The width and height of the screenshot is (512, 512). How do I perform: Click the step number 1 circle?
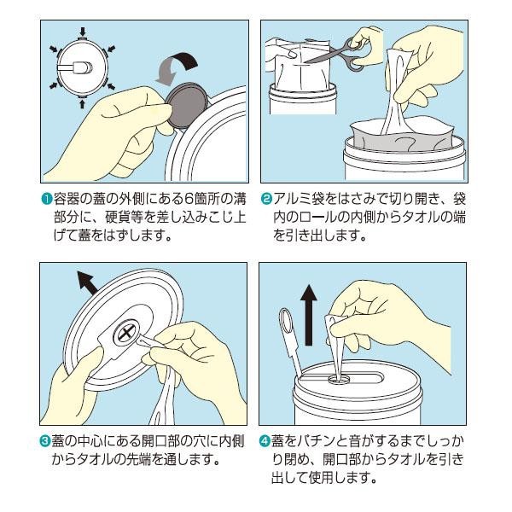(47, 199)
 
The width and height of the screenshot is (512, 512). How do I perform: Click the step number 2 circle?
(266, 199)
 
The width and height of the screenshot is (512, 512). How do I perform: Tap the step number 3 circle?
(44, 441)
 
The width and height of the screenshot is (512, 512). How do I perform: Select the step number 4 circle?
(265, 441)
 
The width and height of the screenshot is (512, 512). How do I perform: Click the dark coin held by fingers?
(186, 106)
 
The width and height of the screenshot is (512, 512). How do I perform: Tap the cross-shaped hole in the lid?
(125, 334)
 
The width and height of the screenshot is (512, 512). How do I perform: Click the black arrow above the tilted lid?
(87, 282)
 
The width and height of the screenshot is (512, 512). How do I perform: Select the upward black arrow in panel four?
(308, 315)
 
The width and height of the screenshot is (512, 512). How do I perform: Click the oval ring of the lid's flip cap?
(285, 320)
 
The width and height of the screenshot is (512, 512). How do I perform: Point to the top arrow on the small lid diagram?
(83, 32)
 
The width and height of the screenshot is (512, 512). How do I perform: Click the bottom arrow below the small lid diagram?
(82, 103)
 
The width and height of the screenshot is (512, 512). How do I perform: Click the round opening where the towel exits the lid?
(340, 379)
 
